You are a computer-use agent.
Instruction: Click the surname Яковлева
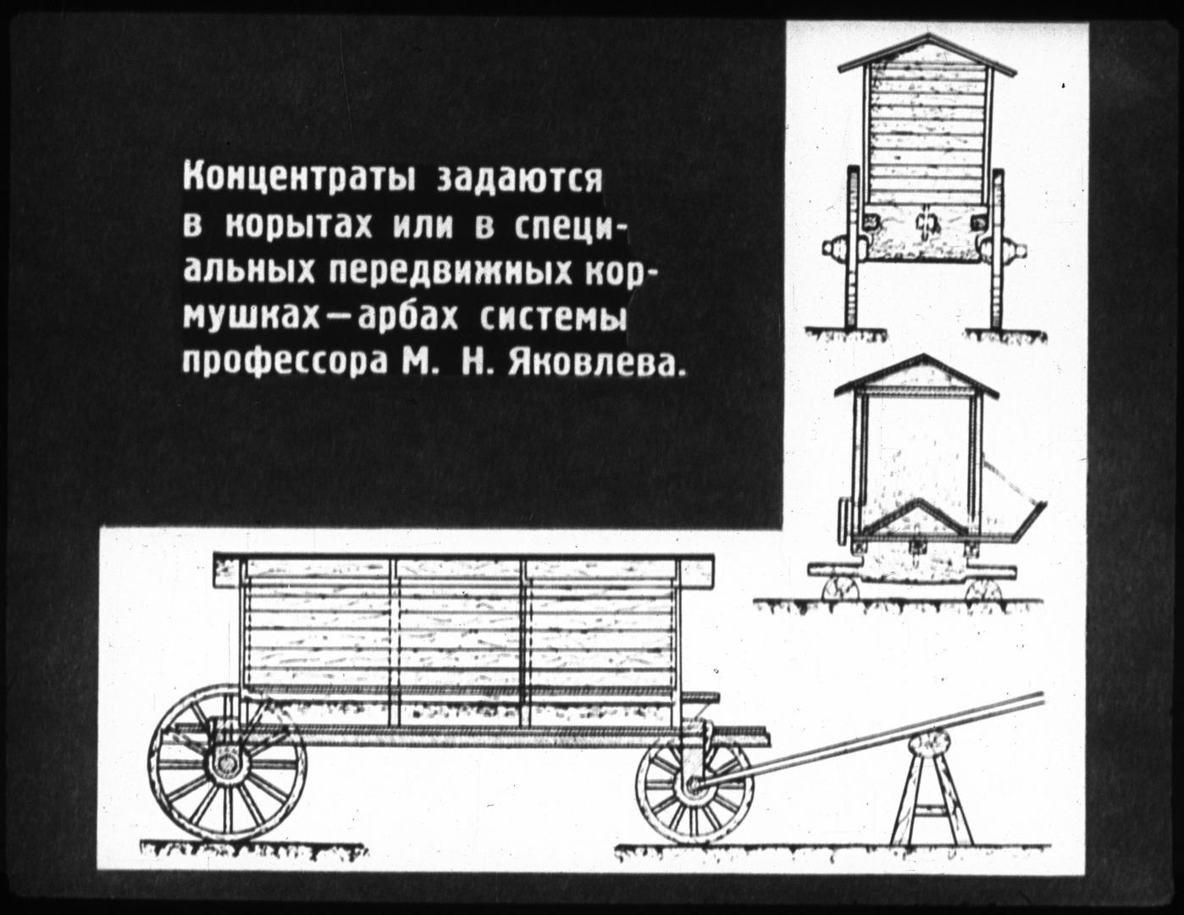click(595, 361)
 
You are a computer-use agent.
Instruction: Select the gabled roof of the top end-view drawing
click(927, 53)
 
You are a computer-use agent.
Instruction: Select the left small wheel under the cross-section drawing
click(841, 592)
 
